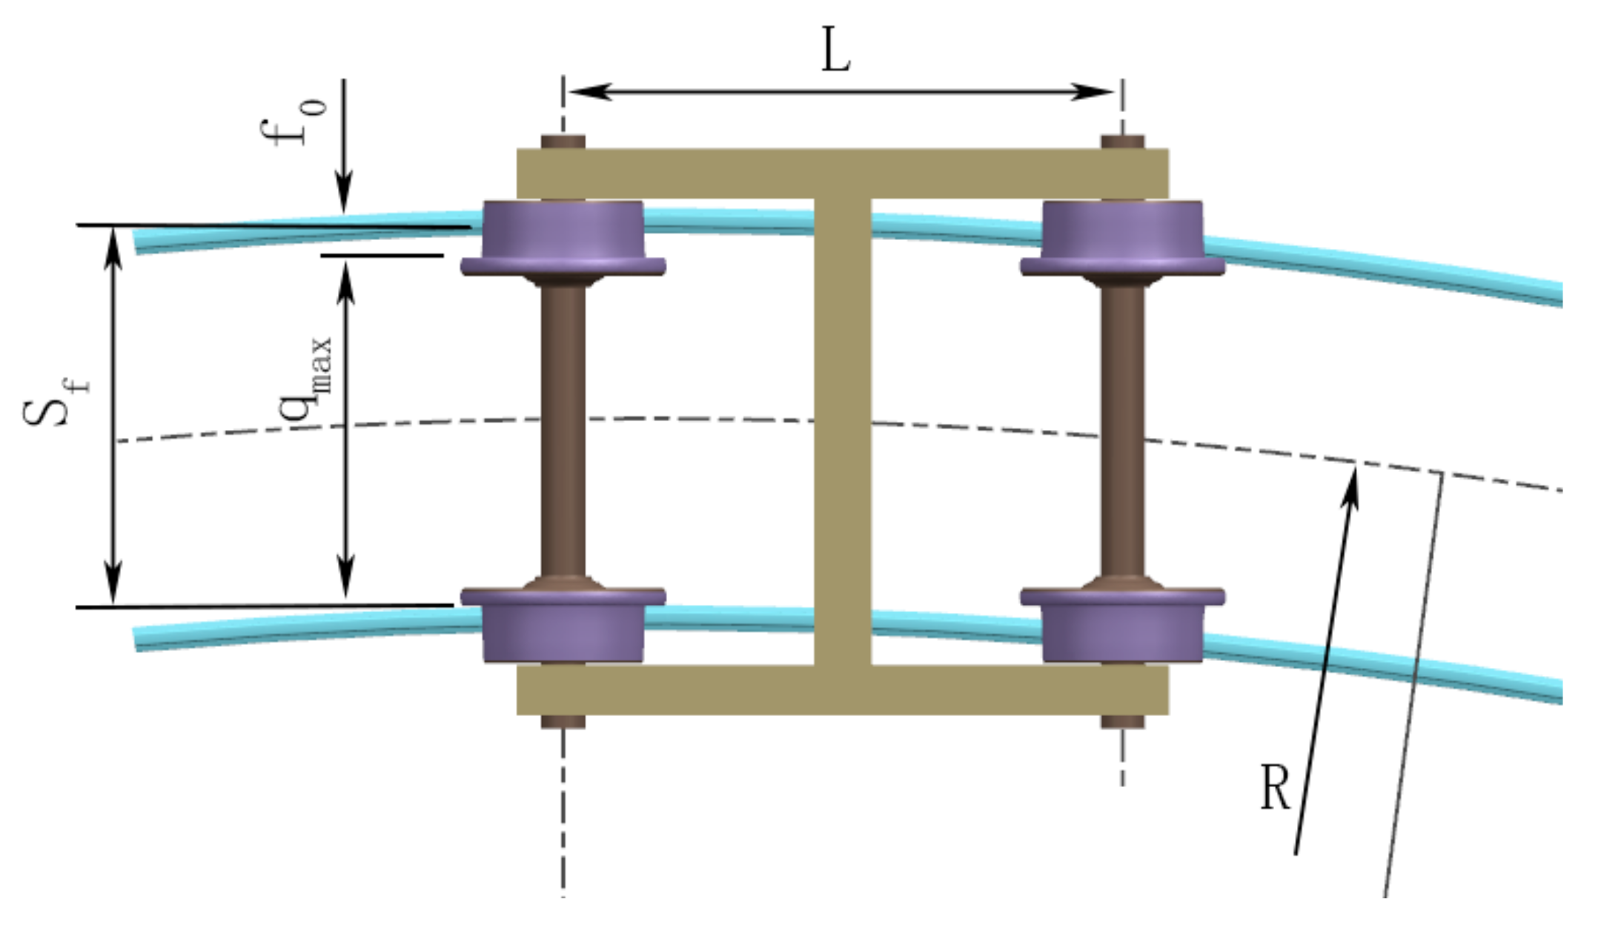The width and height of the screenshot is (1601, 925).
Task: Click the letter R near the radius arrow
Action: [x=1275, y=787]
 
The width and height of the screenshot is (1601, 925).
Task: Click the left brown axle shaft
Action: [x=563, y=430]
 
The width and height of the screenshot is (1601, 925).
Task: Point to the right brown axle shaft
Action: [x=1122, y=430]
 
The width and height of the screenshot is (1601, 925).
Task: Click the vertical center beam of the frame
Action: [x=843, y=430]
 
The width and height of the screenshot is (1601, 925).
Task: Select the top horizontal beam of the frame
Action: [x=843, y=173]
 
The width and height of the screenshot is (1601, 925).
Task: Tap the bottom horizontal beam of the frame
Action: [x=843, y=689]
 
